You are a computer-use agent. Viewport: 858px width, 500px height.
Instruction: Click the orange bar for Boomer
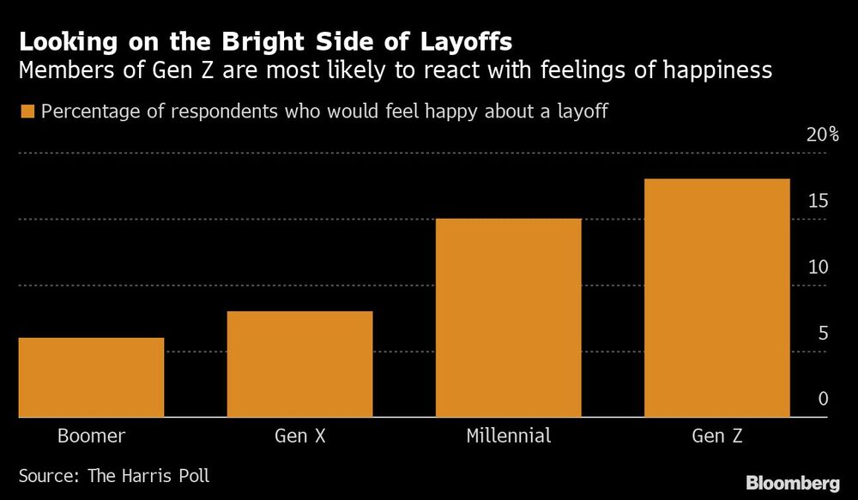tap(91, 377)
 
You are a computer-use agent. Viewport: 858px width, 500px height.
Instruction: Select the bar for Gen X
tap(299, 364)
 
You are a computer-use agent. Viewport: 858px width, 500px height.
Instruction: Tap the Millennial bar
tap(508, 318)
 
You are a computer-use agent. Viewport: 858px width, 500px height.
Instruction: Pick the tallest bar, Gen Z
tap(716, 298)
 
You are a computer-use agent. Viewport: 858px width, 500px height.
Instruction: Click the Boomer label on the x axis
tap(91, 436)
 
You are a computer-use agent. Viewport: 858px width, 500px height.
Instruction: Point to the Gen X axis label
tap(299, 436)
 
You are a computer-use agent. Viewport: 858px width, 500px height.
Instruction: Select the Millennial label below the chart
tap(508, 436)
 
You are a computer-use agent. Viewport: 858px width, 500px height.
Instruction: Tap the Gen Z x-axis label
tap(716, 436)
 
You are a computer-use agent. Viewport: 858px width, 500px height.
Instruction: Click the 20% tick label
tap(821, 135)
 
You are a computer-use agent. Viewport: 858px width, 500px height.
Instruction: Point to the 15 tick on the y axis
tap(817, 201)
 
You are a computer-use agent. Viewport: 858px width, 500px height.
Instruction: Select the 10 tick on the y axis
tap(817, 267)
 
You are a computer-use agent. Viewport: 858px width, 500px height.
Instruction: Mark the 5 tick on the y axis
tap(822, 333)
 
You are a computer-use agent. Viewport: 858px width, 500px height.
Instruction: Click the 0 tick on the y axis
tap(822, 399)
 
